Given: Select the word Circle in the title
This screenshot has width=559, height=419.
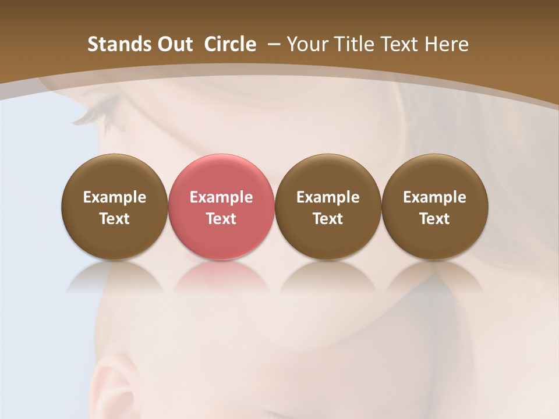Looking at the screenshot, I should point(230,44).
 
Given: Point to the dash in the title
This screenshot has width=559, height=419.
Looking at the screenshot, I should point(273,44).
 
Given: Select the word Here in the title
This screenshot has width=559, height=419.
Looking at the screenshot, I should point(447,44).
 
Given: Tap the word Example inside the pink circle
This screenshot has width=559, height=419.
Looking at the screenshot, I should point(221,198).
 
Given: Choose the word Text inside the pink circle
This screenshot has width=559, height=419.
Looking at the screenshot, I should point(221,219).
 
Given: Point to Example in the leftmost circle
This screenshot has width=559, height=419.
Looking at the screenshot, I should point(114,198).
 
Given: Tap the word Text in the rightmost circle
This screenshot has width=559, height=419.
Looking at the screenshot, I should point(434,219).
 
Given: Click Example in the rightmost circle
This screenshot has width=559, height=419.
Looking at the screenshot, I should point(434,198).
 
